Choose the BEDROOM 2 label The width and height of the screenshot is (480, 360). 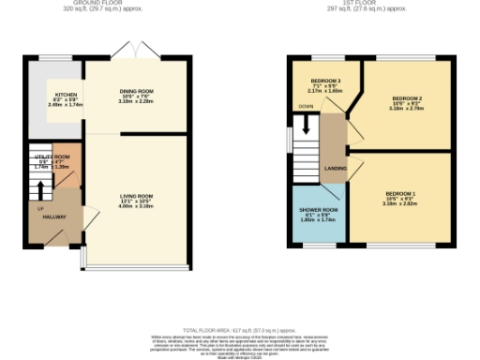pos(406,98)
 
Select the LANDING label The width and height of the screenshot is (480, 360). pos(335,169)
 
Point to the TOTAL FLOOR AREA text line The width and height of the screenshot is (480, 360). pos(240,331)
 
